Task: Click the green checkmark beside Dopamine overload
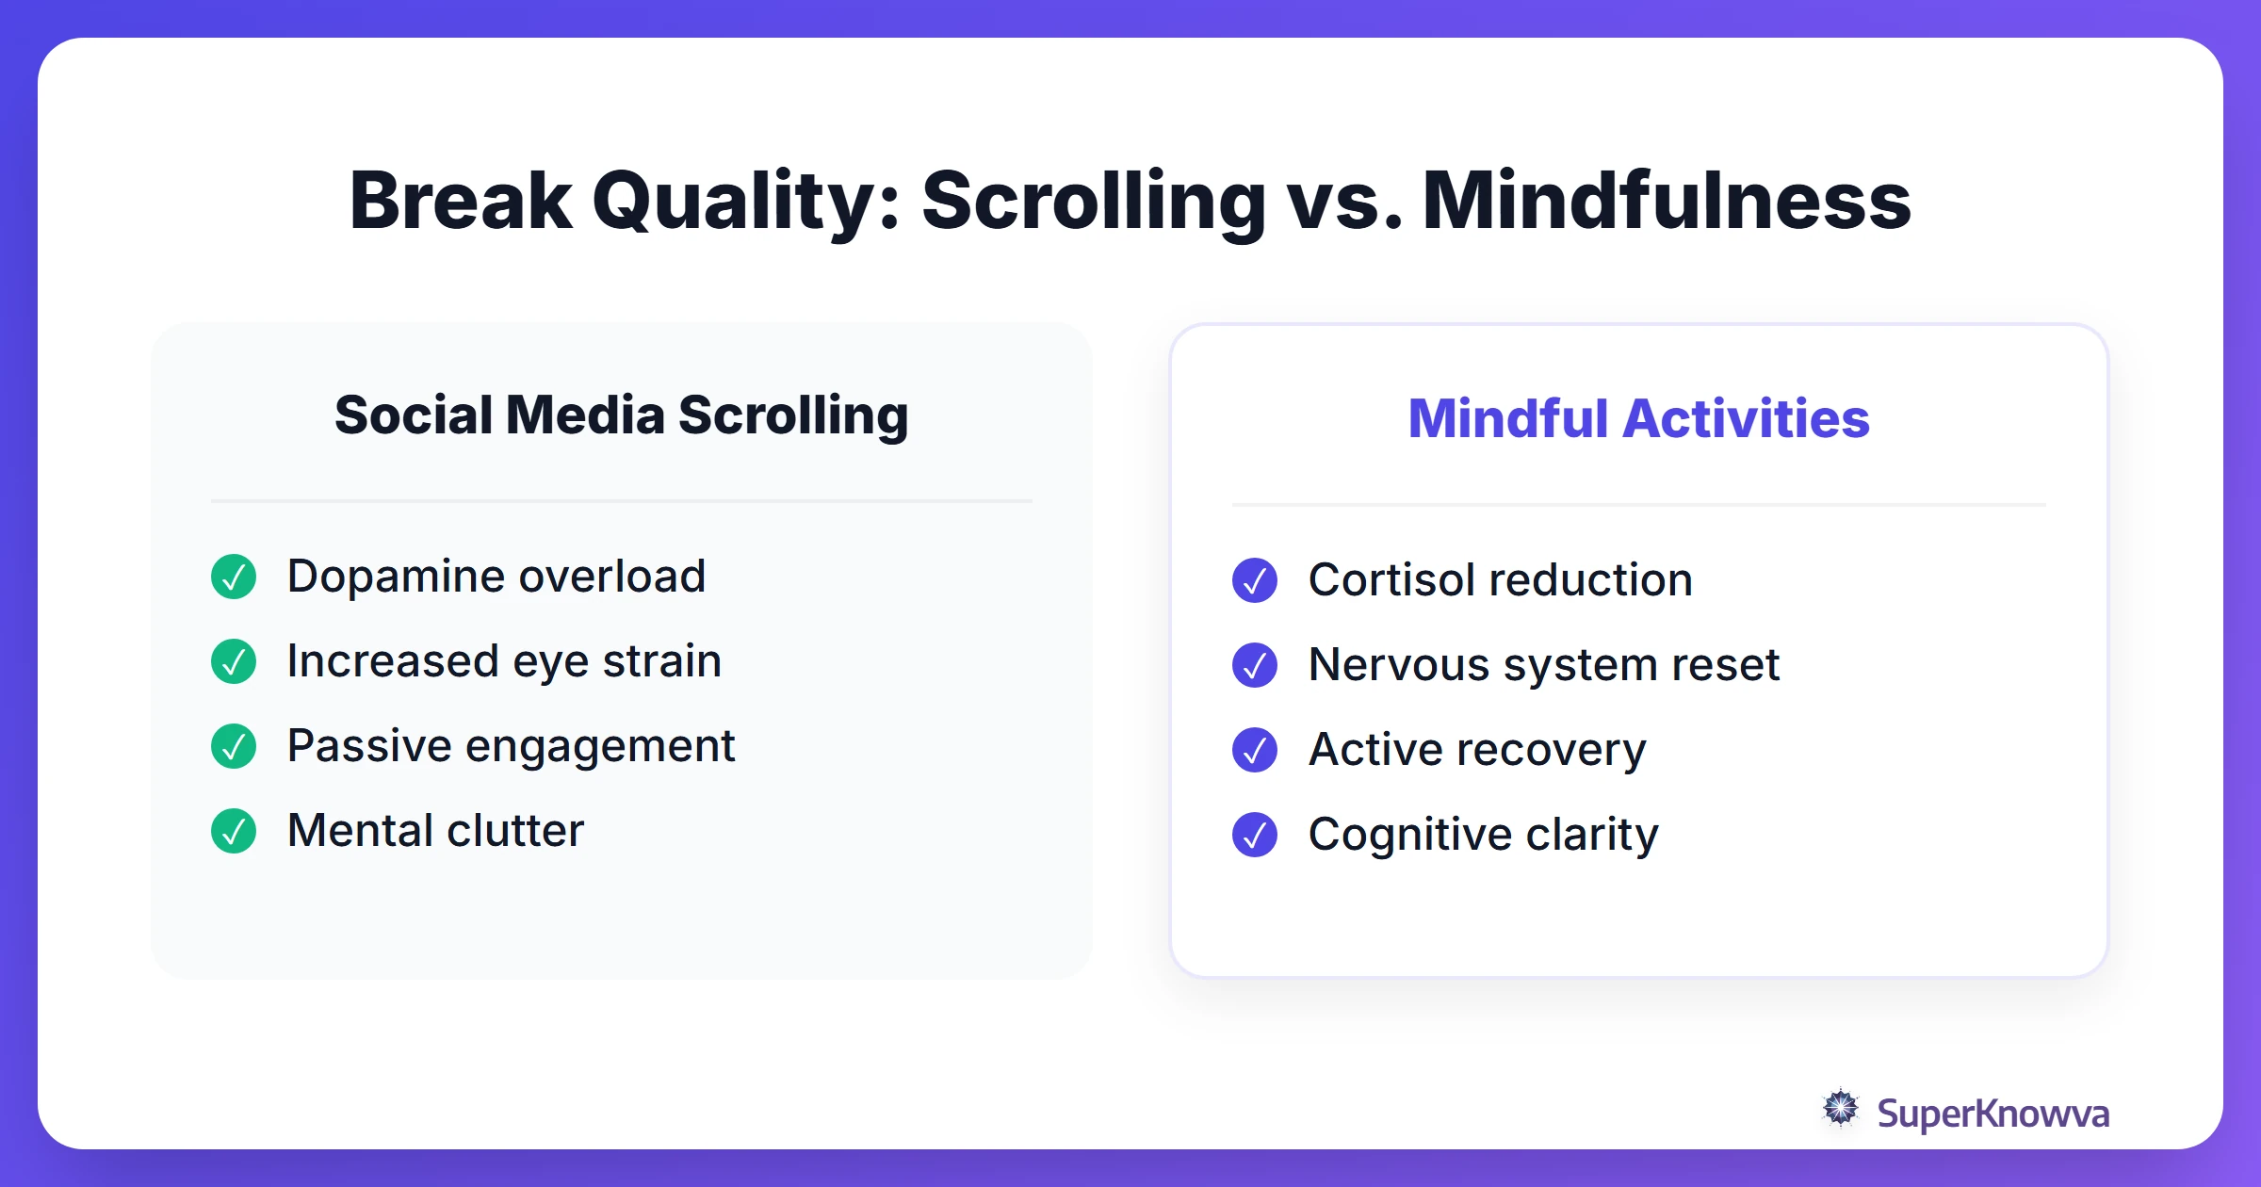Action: (x=234, y=577)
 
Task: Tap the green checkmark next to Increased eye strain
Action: (x=234, y=661)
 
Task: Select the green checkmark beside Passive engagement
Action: (x=234, y=746)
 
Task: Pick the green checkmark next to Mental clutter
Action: (x=234, y=831)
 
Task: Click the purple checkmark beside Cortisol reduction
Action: (x=1255, y=580)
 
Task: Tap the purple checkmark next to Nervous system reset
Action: (x=1255, y=665)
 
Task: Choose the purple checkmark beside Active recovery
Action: (x=1255, y=750)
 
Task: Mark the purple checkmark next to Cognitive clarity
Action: (x=1255, y=835)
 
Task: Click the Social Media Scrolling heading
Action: (x=622, y=415)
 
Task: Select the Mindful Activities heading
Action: (x=1638, y=418)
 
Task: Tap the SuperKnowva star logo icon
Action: (x=1841, y=1108)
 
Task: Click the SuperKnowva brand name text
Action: (x=1993, y=1114)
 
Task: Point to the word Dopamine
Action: (x=396, y=577)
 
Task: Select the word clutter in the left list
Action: (x=515, y=831)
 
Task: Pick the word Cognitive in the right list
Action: (x=1409, y=836)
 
